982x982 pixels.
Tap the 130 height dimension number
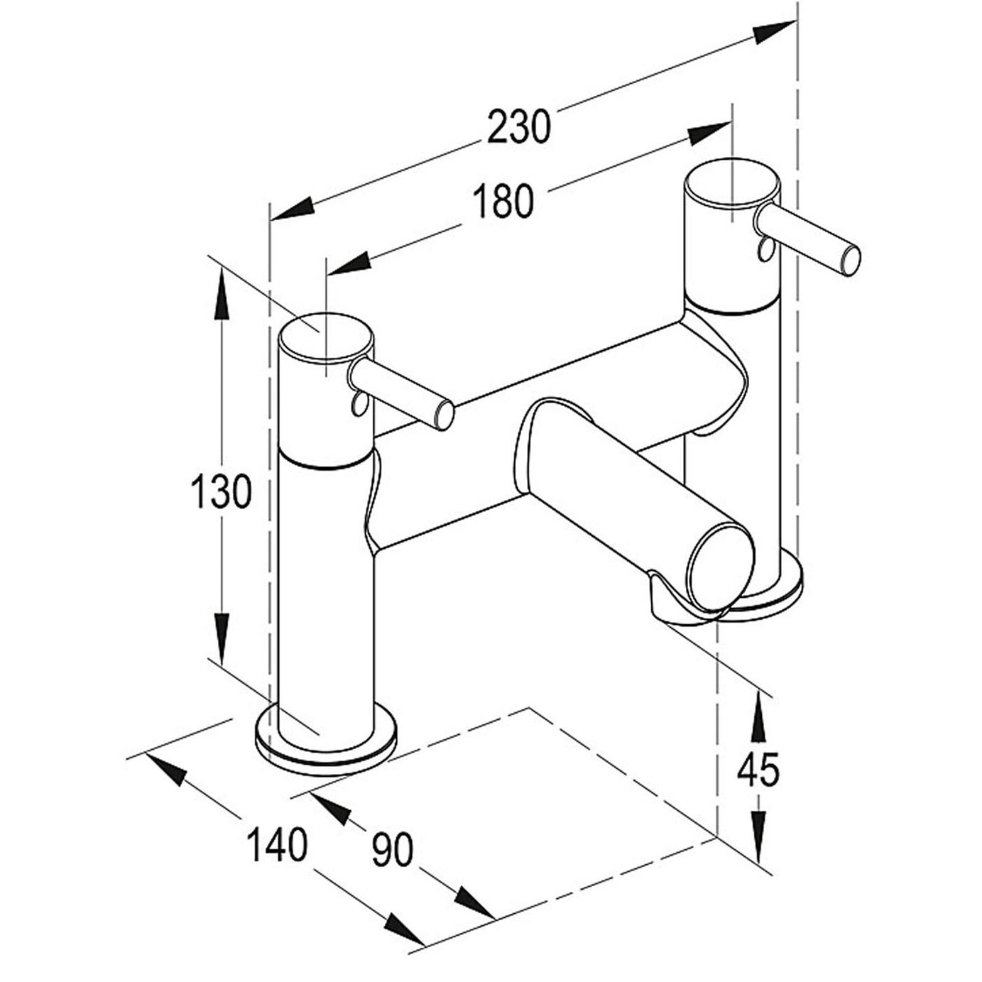221,491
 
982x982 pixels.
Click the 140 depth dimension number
277,844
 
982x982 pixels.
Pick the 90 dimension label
393,850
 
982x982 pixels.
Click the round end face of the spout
721,567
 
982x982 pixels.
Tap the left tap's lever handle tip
445,415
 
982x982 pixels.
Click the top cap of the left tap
326,338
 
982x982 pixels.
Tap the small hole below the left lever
356,405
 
